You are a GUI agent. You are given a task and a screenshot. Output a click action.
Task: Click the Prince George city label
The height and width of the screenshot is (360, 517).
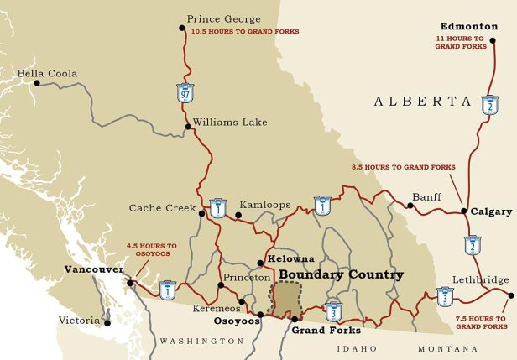223,18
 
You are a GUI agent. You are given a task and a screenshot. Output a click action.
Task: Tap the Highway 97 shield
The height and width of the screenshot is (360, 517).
185,91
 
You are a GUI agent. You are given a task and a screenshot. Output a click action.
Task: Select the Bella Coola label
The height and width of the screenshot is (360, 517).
47,74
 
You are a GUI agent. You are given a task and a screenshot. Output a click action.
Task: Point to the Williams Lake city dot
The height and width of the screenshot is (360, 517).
187,128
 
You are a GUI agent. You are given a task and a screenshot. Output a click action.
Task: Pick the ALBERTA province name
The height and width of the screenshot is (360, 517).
423,101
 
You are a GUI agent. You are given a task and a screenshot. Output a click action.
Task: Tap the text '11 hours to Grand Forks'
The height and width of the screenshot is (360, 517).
460,42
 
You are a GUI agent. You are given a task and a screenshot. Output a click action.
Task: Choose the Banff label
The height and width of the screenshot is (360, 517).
426,197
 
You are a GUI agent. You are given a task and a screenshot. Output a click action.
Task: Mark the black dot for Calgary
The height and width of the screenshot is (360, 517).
464,211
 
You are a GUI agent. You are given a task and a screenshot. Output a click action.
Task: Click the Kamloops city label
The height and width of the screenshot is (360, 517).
265,205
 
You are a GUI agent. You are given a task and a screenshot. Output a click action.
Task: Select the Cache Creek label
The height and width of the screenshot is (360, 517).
162,208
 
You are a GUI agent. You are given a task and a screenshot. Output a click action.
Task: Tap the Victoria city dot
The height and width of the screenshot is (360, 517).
107,322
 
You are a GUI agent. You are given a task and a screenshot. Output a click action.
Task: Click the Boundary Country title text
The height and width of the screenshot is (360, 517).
341,274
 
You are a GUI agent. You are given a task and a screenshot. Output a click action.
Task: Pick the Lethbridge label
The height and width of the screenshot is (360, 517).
480,279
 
